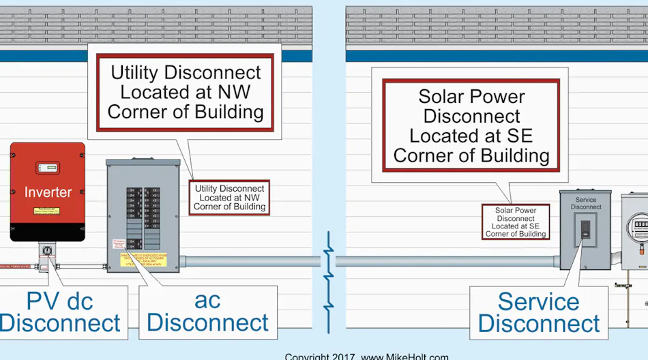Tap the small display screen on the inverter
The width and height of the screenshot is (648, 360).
(x=46, y=167)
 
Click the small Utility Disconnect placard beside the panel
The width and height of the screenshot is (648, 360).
(x=229, y=198)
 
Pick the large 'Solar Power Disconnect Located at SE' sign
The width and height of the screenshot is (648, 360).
(x=471, y=125)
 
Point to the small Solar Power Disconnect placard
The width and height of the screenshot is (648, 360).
(x=516, y=222)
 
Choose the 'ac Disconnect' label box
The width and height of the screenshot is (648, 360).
(x=208, y=312)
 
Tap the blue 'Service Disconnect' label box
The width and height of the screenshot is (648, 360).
(x=539, y=312)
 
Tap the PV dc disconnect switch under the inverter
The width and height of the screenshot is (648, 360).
(x=46, y=252)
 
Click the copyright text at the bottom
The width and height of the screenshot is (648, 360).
(x=366, y=356)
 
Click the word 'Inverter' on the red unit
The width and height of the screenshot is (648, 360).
(x=48, y=192)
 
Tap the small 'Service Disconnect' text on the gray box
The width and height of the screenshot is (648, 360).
(x=586, y=203)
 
